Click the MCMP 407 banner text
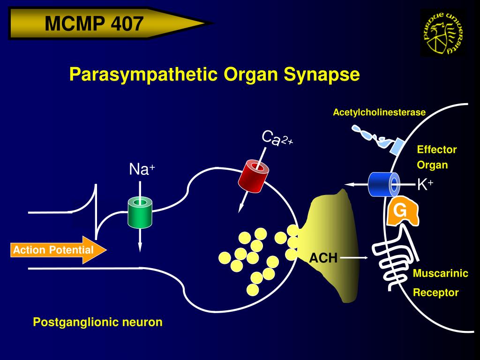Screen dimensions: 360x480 (x=94, y=23)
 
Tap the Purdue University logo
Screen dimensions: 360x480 (x=443, y=33)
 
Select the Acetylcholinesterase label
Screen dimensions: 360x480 (x=379, y=112)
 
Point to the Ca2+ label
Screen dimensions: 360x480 (x=277, y=138)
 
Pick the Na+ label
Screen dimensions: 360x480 (x=142, y=169)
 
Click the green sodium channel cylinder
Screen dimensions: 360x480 (x=140, y=212)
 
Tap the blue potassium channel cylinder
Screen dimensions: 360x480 (x=384, y=184)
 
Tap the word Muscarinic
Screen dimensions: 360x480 (x=440, y=274)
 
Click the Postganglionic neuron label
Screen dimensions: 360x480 (x=97, y=322)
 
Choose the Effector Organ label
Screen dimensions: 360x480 (x=436, y=157)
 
